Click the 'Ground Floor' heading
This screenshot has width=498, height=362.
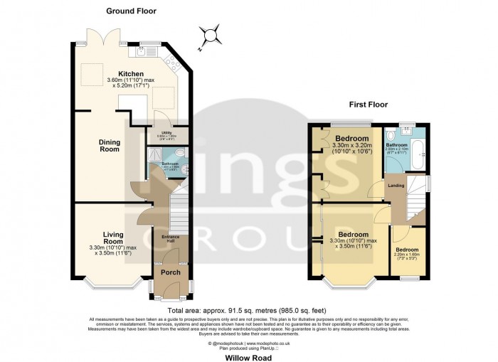(x=131, y=11)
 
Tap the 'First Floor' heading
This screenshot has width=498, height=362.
(x=368, y=104)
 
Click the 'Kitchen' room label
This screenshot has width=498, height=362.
(x=131, y=74)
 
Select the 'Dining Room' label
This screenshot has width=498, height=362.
(x=109, y=145)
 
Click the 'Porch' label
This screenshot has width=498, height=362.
(x=169, y=272)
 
